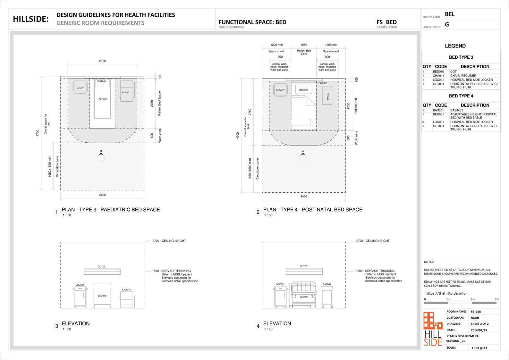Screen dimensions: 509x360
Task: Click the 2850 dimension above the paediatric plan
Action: pos(102,61)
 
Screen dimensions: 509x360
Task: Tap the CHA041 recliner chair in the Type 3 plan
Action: pos(127,91)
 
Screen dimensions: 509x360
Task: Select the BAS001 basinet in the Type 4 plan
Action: pos(327,96)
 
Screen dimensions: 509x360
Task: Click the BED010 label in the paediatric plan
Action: pos(103,99)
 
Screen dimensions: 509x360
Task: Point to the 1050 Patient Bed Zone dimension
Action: pos(304,45)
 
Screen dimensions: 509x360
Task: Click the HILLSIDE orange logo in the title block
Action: pos(433,329)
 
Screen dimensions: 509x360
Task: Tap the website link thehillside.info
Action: pos(445,293)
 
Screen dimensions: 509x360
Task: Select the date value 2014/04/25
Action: pos(479,330)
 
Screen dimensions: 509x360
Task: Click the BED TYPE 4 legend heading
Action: pos(461,96)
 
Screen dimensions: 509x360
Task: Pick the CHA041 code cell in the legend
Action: pos(438,76)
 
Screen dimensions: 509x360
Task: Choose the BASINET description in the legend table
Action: pos(457,110)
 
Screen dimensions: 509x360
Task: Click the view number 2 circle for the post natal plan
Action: pos(258,212)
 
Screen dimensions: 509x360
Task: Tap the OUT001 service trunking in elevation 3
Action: pos(102,272)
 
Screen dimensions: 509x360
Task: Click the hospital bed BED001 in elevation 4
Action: pos(304,294)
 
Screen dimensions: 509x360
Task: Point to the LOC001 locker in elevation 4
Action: pos(280,297)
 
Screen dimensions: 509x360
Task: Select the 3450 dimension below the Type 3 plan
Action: pos(102,195)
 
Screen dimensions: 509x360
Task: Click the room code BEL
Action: pos(450,14)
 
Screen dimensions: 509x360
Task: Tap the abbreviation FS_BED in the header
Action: pos(386,22)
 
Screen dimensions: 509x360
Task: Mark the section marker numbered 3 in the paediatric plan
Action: pos(101,156)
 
